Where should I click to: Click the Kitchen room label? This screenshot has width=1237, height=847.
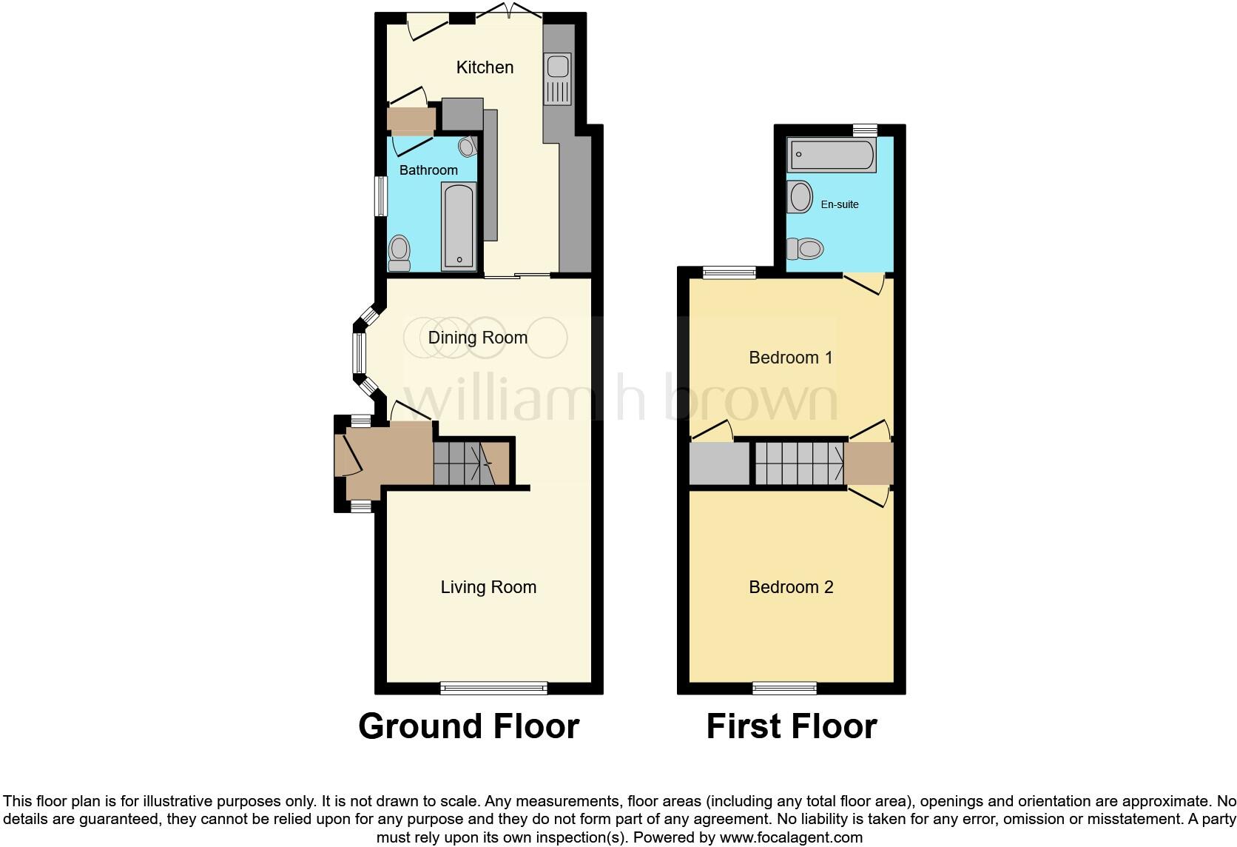pos(485,67)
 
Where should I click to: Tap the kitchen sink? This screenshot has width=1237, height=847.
pos(557,78)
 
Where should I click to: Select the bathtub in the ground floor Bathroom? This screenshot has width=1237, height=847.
pos(459,227)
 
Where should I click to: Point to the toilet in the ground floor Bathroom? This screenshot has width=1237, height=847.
pos(400,253)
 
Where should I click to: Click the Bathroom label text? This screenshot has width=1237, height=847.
pos(428,170)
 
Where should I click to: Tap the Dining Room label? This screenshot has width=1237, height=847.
pos(478,338)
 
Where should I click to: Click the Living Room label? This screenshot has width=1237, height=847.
pos(488,587)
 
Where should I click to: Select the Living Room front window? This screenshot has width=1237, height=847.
pos(493,688)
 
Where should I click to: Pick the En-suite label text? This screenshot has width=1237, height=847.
pos(840,204)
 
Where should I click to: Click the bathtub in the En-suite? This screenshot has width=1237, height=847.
pos(832,155)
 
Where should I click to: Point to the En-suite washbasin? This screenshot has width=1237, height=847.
pos(800,197)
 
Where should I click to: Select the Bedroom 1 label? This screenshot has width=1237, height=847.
pos(791,358)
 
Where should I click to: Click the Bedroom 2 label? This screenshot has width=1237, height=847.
pos(791,587)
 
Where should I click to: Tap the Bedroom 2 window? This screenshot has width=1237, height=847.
pos(785,688)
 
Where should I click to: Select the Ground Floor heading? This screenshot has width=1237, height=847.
pos(468,726)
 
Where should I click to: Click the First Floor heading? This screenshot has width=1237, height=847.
pos(792,726)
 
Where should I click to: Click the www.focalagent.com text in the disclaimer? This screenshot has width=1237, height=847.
pos(790,838)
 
